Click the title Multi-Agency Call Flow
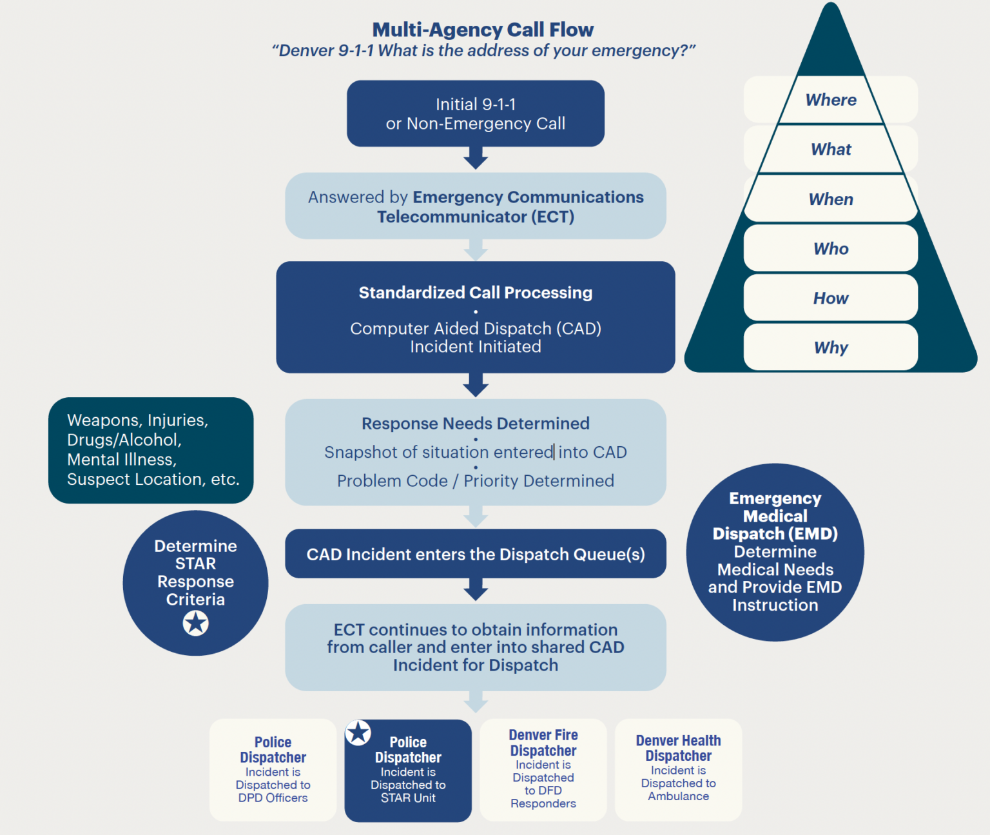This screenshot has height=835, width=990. [x=483, y=30]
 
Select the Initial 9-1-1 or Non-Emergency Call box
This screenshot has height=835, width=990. [x=476, y=113]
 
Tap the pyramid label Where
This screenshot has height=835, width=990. [x=831, y=100]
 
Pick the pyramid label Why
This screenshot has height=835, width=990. [x=831, y=348]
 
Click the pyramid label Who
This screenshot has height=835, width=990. [x=831, y=249]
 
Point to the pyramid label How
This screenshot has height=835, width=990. [x=831, y=299]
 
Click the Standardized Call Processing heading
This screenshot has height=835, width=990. [x=476, y=293]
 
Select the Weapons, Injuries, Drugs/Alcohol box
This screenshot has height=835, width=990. [x=151, y=450]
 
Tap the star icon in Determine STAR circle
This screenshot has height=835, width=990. [x=195, y=624]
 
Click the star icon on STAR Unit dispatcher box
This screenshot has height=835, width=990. [x=358, y=733]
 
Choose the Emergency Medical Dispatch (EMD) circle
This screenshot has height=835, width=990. [x=775, y=552]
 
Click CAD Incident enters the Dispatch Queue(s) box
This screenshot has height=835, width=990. [x=476, y=555]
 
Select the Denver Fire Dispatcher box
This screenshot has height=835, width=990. [x=543, y=769]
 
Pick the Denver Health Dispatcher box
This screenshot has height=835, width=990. [x=678, y=769]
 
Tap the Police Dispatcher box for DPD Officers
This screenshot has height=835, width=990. [x=273, y=769]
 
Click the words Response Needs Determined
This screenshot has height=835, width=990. [x=476, y=424]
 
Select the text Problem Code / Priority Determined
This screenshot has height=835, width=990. [x=476, y=481]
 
